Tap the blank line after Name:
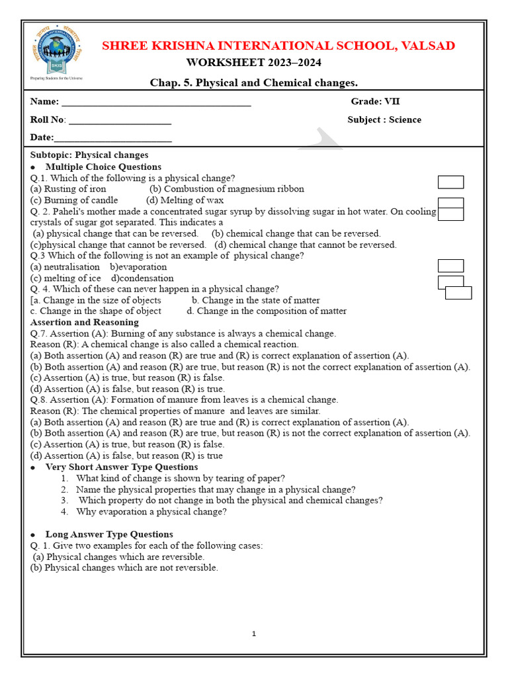156,103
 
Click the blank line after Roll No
120,121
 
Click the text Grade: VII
375,102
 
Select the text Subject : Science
384,120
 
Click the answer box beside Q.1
450,182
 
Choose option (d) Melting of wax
185,200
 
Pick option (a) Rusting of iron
68,189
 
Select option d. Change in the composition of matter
267,311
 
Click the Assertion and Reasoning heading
85,322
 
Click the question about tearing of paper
181,478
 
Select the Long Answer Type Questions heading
109,534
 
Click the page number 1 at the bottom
253,634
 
